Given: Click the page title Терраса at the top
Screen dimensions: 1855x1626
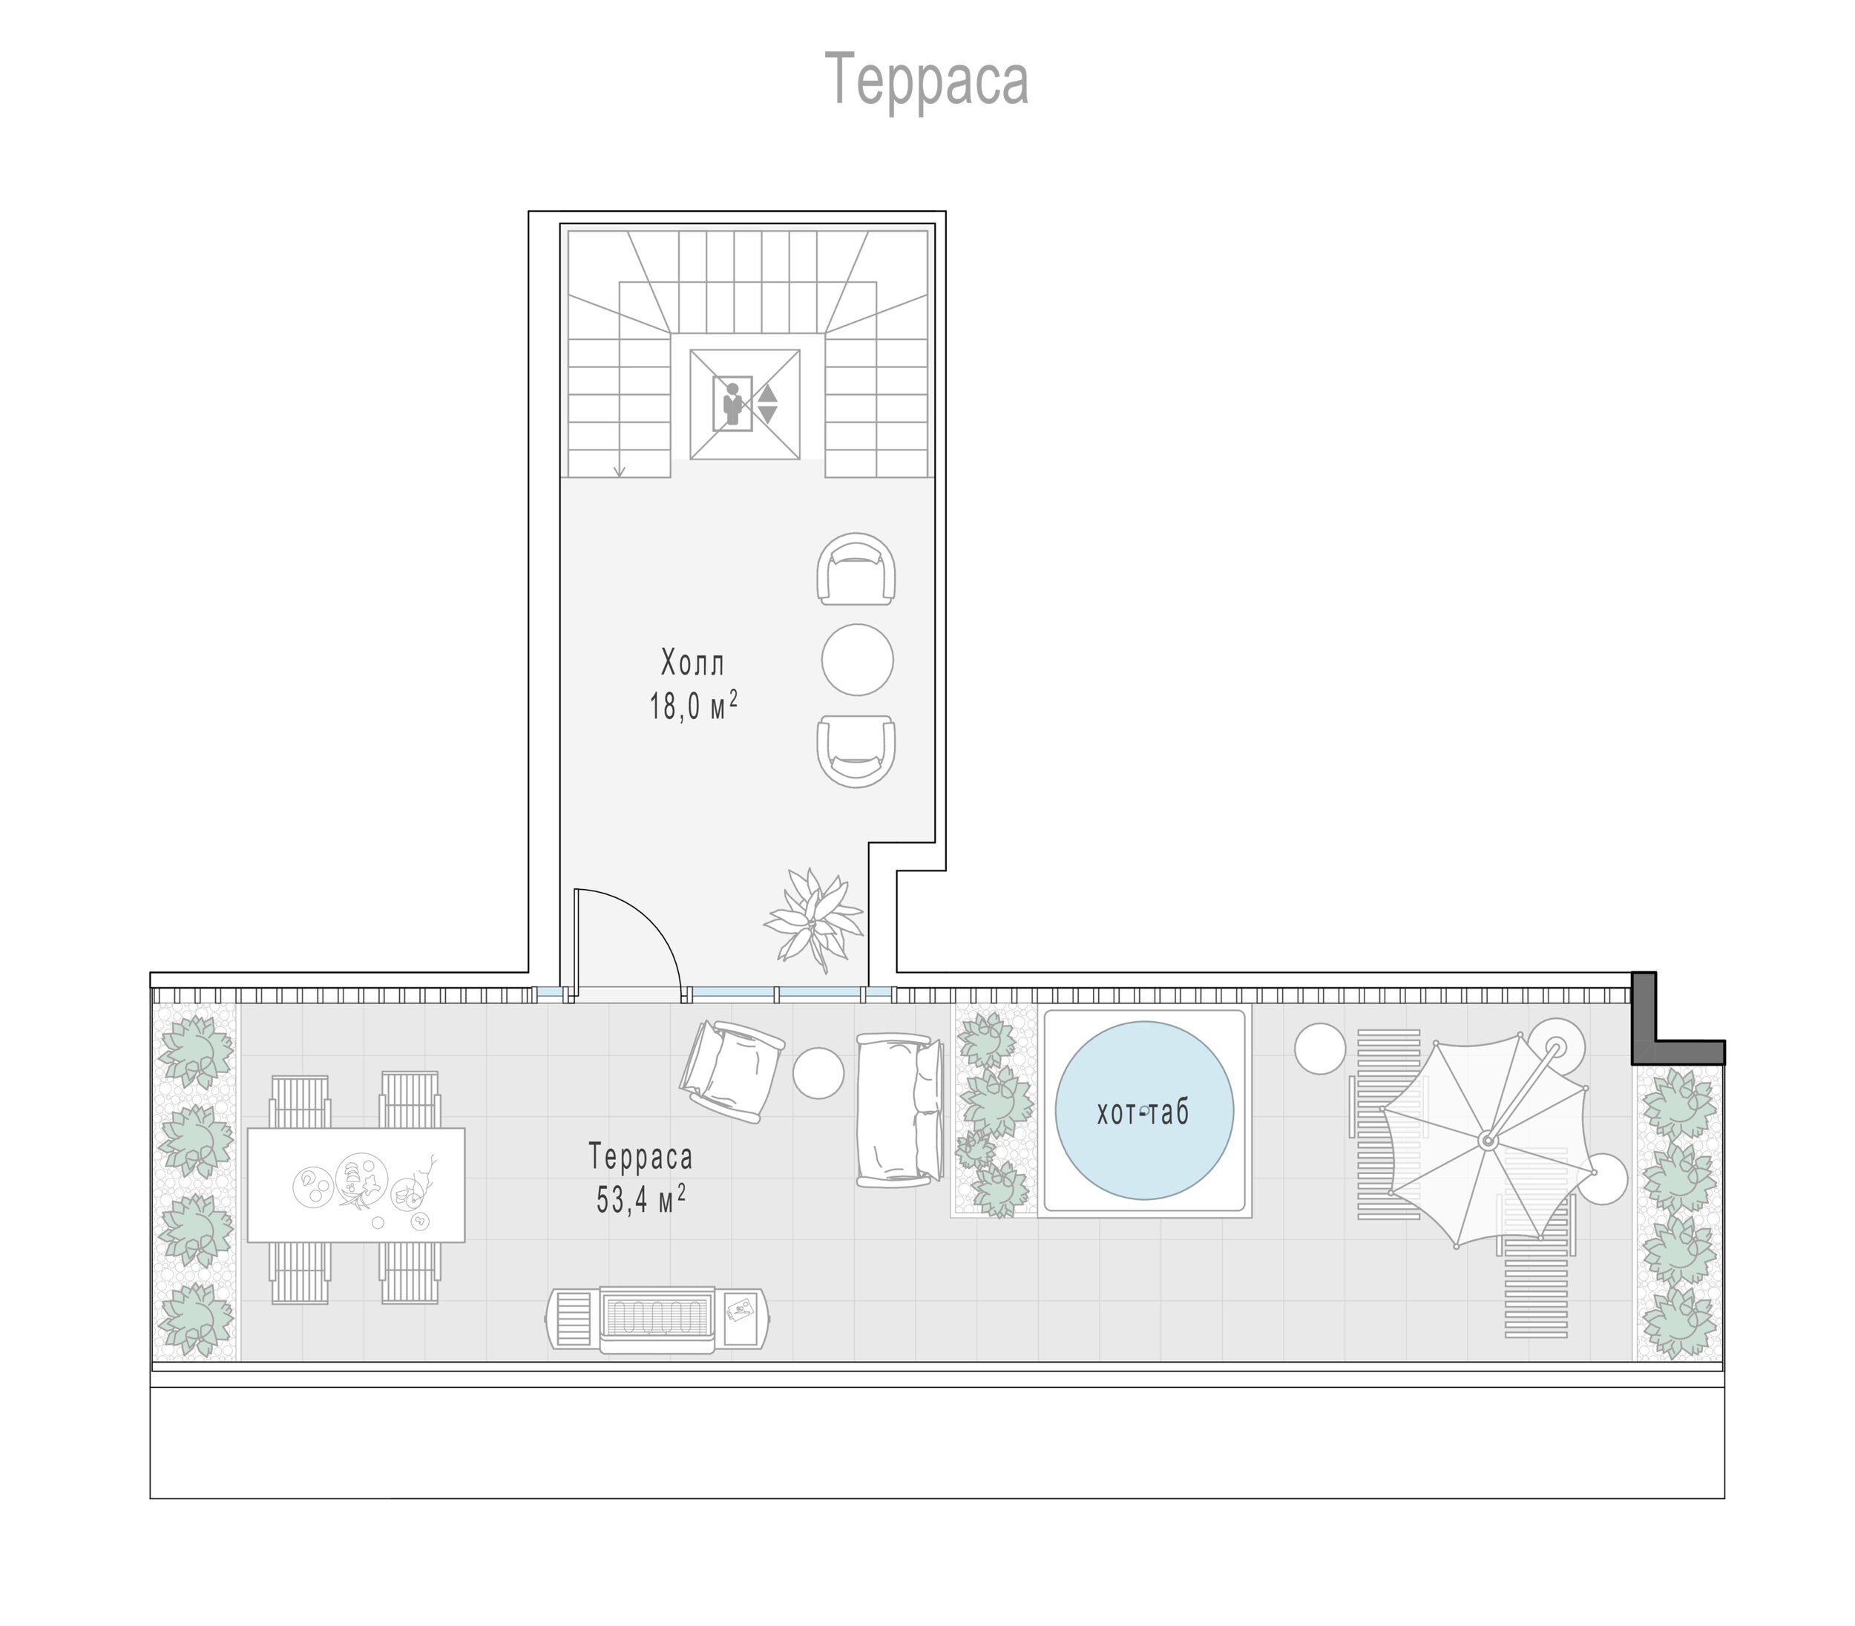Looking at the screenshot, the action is [927, 80].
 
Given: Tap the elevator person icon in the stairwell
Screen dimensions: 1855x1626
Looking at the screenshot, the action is [731, 404].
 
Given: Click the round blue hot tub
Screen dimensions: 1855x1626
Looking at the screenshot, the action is [1144, 1111].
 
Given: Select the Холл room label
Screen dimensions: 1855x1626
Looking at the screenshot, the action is [693, 663].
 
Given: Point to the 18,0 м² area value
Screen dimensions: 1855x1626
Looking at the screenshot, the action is [693, 706].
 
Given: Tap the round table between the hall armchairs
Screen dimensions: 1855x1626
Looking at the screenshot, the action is [857, 660].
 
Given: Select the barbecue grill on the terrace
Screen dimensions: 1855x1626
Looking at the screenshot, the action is [660, 1320].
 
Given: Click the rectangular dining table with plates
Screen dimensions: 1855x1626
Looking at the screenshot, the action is [355, 1185].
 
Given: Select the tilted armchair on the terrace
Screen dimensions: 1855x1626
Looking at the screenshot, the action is [732, 1071].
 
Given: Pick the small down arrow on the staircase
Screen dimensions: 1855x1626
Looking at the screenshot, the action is [620, 470].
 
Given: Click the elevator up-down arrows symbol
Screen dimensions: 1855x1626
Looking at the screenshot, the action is [767, 404].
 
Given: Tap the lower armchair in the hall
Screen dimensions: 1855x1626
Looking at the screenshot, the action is [856, 750].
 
